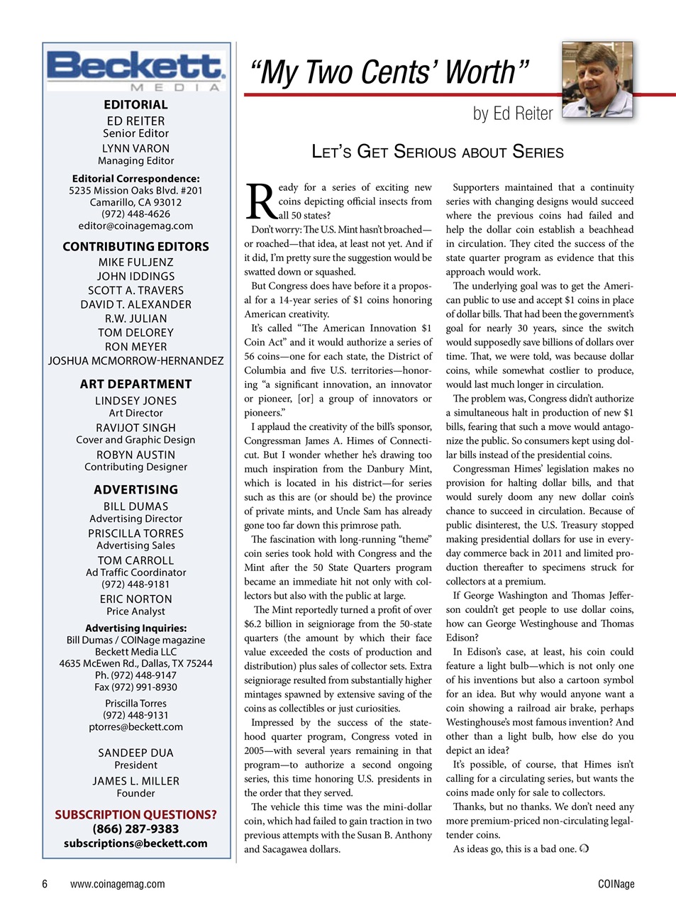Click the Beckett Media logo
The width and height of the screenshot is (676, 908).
coord(135,70)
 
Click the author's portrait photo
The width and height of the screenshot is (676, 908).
coord(597,80)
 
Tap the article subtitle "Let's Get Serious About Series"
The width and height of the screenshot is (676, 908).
coord(438,152)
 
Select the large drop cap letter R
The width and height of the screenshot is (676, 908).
coord(261,202)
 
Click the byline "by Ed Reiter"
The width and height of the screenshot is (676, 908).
coord(512,113)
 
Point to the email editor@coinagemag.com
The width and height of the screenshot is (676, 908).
coord(135,226)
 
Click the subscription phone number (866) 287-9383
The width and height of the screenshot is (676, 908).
coord(135,829)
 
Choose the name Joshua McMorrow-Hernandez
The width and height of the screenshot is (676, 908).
coord(135,360)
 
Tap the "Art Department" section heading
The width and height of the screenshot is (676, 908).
coord(135,384)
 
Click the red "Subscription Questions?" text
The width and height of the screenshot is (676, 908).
coord(135,814)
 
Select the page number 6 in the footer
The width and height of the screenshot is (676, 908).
coord(45,884)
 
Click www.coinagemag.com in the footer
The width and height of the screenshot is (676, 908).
coord(118,884)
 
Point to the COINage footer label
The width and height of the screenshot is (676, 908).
coord(616,884)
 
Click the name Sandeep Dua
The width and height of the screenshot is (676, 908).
coord(135,753)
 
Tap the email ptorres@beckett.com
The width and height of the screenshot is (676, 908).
coord(135,726)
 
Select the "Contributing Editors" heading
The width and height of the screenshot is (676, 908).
coord(135,246)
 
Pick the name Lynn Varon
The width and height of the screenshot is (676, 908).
coord(135,148)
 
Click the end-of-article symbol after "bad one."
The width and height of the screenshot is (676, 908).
coord(584,848)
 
